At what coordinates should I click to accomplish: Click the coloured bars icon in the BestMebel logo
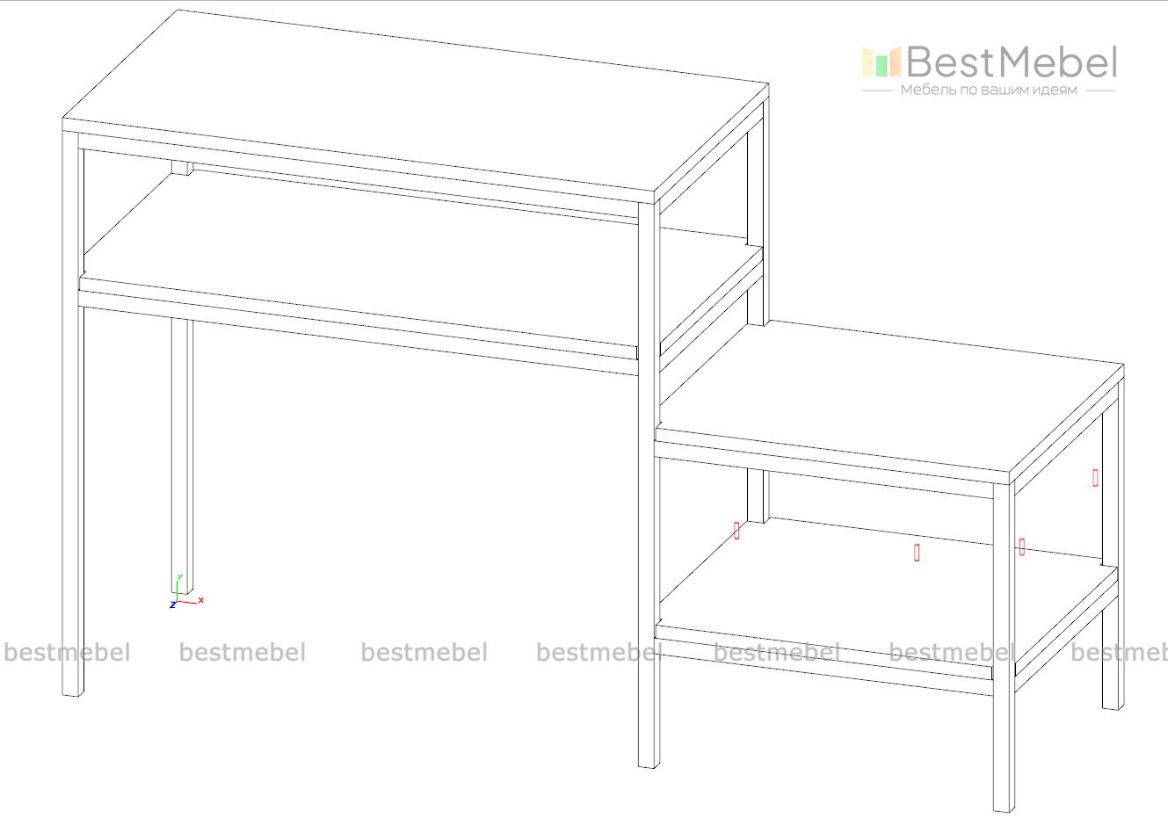coord(881,62)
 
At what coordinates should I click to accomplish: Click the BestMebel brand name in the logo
coord(1012,62)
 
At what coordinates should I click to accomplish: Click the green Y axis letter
coord(180,577)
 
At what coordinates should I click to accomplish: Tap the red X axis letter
coord(200,600)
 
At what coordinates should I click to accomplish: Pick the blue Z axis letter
coord(172,605)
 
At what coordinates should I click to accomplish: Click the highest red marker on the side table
coord(1096,478)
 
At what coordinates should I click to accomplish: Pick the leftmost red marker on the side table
coord(736,531)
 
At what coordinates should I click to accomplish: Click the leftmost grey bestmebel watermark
coord(68,652)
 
